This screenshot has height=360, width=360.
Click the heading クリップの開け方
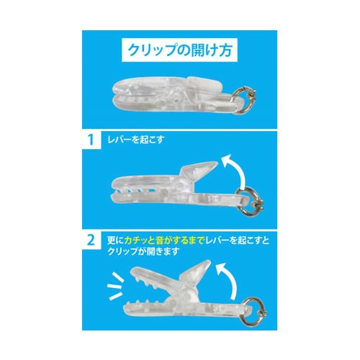[x=179, y=51]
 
